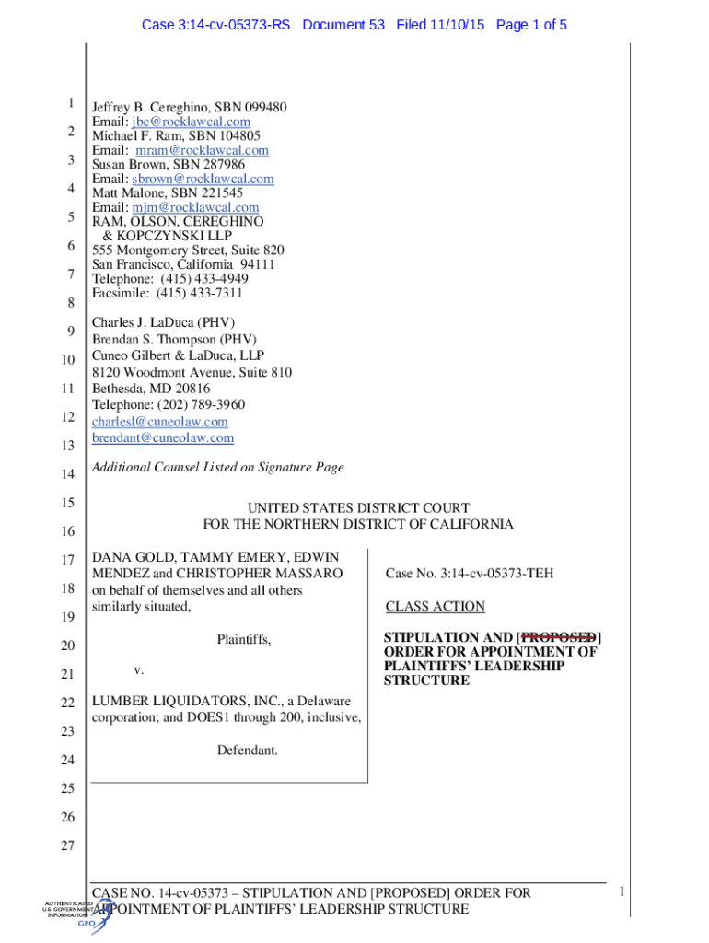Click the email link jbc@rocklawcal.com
tap(191, 122)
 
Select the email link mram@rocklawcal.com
tap(202, 150)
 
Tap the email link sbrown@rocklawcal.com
tap(203, 179)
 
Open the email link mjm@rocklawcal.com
tap(195, 207)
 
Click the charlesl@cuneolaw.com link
tap(159, 422)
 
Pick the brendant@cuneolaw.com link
tap(163, 438)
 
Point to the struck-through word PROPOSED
tap(559, 637)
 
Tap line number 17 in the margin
tap(66, 560)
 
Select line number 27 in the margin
tap(66, 845)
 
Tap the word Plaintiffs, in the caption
tap(244, 639)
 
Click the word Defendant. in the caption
tap(247, 751)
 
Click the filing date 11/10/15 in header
tap(459, 25)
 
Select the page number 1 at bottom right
tap(622, 891)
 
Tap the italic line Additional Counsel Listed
tap(217, 468)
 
